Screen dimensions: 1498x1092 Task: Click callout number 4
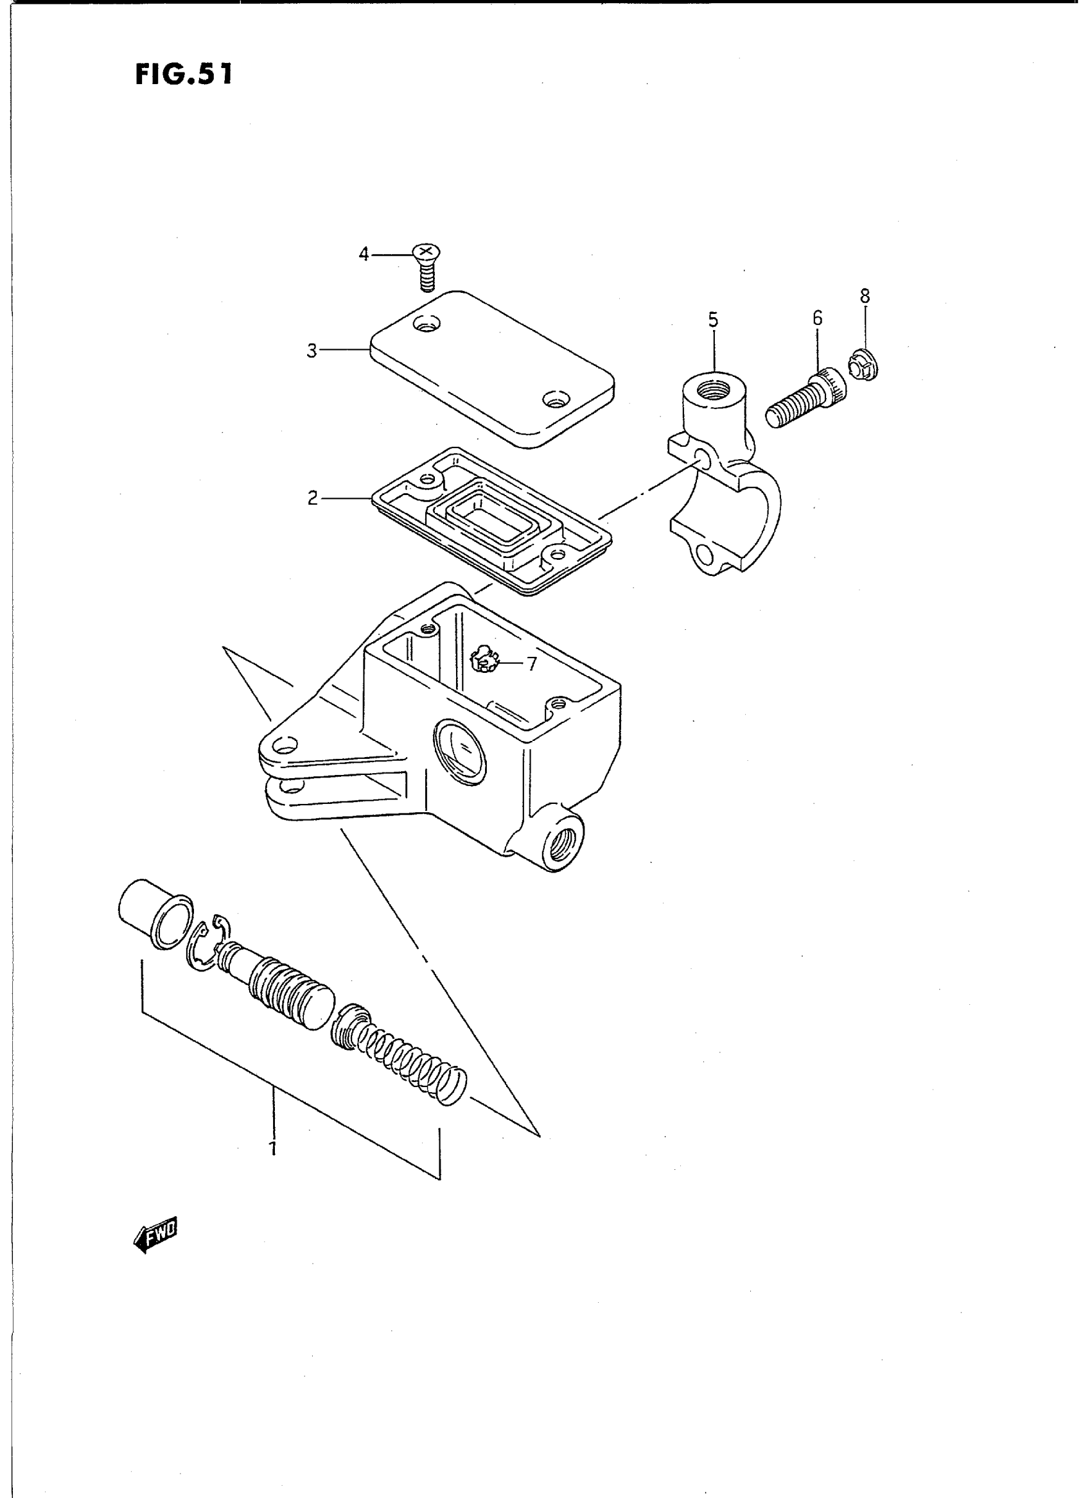[364, 254]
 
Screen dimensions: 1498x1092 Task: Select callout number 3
[312, 350]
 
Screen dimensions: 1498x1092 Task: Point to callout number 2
[313, 498]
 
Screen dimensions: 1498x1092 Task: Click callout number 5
[712, 320]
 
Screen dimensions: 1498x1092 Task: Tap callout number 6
[818, 318]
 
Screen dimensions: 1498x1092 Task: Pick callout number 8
[865, 296]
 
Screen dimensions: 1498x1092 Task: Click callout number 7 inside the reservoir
[532, 663]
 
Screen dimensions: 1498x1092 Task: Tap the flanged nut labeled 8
[863, 366]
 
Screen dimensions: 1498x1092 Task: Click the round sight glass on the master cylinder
[461, 751]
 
